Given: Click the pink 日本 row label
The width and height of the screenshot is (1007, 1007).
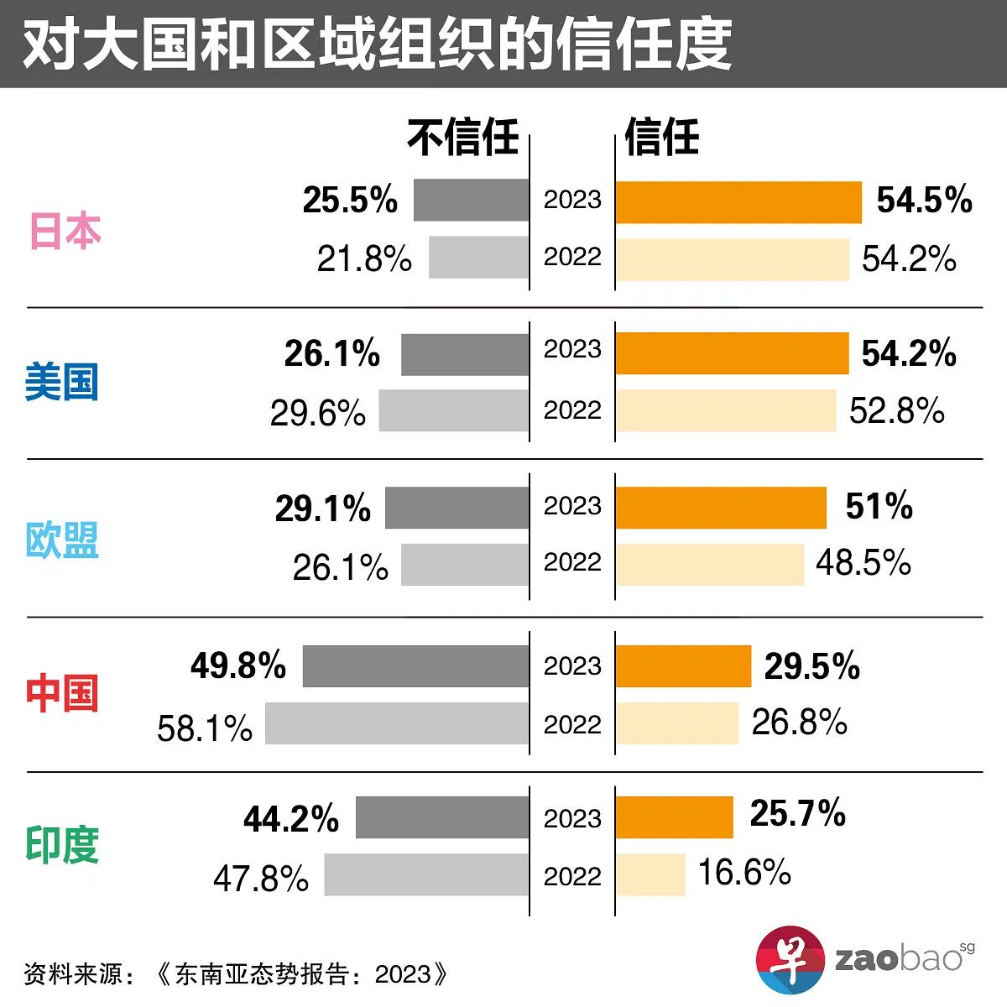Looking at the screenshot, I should coord(65,231).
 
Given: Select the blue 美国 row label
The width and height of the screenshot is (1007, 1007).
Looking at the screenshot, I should coord(61,382).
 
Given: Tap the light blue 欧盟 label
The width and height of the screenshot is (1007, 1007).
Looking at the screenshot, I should coord(62,540).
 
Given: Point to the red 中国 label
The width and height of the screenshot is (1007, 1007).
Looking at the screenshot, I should coord(62,693).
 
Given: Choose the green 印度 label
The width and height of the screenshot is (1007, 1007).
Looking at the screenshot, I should coord(62,845).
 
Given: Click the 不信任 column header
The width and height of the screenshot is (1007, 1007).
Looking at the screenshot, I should coord(463,138).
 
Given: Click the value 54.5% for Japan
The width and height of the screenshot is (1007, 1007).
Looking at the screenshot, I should coord(924,201).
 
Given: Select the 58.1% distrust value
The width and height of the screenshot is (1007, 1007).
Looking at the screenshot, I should coord(205,728).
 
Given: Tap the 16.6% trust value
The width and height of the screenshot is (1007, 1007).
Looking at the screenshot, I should coord(744,873).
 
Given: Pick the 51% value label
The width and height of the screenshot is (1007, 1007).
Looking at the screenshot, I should coord(879,506).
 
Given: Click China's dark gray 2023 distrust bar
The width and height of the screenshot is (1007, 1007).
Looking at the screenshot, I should coord(415,666).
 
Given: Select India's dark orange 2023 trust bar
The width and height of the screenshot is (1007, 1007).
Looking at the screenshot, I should coord(674,817).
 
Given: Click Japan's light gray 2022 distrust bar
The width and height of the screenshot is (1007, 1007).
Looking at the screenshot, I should coord(478,257).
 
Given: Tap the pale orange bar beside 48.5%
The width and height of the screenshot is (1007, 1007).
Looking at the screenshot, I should coord(709,564).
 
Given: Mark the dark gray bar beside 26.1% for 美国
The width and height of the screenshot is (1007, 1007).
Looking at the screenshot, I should coord(464,354).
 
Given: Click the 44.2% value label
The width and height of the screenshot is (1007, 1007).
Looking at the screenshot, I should coord(291,819).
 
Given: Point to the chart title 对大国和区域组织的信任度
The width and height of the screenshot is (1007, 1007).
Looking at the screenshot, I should coord(378,44).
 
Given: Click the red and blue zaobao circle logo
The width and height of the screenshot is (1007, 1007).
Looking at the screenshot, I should coord(790,959).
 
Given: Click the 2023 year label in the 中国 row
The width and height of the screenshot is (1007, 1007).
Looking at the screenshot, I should coord(572,666).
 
